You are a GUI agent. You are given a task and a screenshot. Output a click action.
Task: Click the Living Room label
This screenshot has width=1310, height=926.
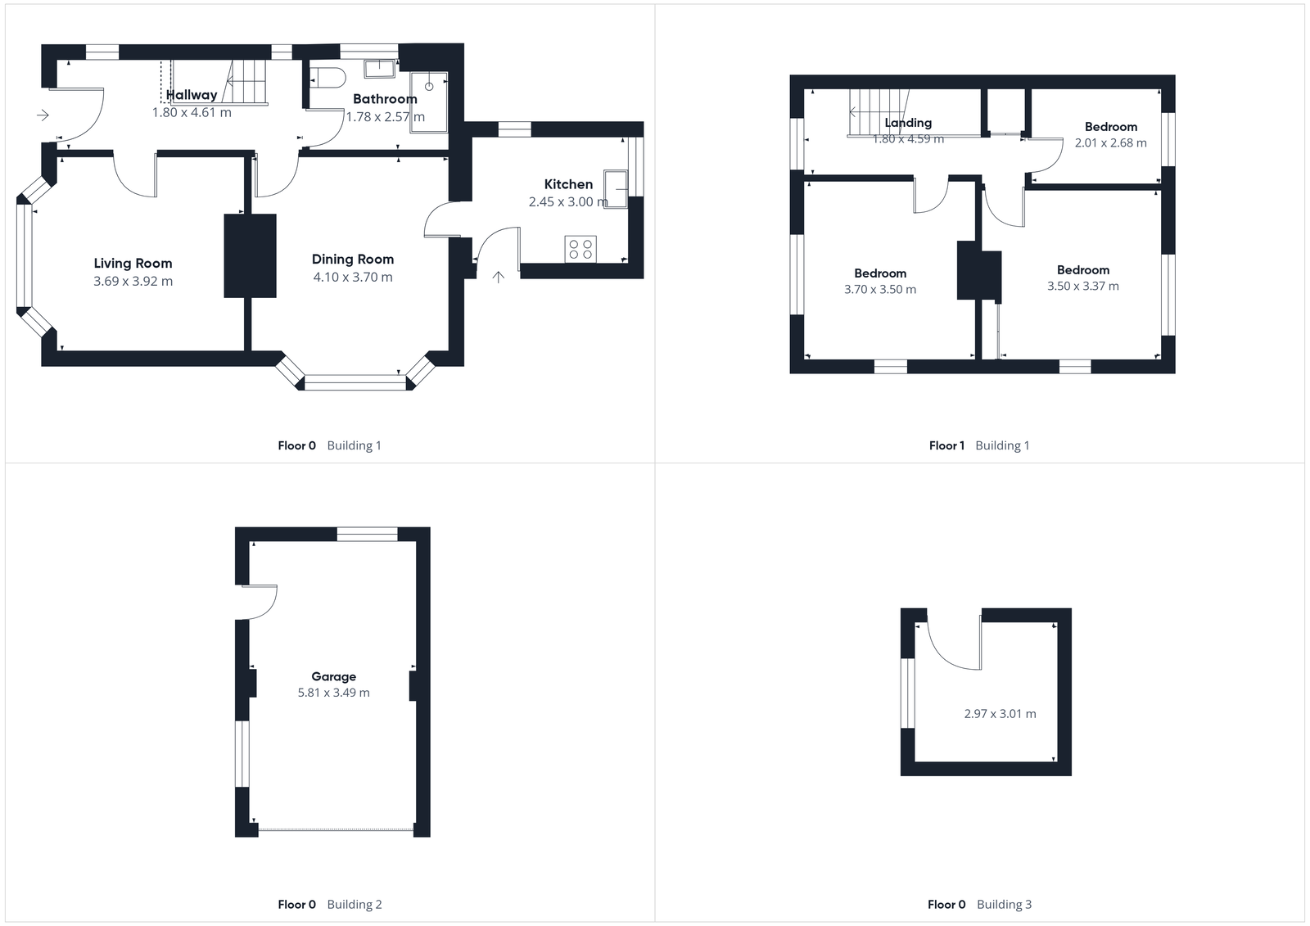pos(133,264)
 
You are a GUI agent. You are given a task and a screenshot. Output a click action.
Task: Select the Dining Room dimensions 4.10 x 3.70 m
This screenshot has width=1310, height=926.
pos(353,278)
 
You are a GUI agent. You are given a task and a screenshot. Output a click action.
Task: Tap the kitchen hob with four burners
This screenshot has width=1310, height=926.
pos(580,249)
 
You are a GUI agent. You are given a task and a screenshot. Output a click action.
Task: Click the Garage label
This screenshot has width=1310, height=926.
pos(333,677)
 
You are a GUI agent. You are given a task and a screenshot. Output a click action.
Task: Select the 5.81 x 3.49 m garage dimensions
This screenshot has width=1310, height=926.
pos(333,693)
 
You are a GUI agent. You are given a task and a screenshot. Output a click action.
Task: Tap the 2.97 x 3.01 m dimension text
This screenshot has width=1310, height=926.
pos(1000,714)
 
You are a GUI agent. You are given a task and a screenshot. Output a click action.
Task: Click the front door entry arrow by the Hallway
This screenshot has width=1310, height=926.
pos(43,115)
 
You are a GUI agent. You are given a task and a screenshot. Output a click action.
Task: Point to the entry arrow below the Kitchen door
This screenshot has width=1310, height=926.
pos(498,277)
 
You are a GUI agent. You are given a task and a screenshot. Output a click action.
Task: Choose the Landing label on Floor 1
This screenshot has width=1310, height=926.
pos(908,123)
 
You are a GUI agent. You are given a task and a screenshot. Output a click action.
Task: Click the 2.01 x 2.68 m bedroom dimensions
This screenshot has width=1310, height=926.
pos(1110,143)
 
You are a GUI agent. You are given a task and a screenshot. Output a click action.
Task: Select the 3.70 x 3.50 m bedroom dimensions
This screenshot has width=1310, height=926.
pos(880,290)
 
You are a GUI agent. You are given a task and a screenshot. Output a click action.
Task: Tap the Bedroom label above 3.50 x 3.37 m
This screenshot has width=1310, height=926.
pos(1082,270)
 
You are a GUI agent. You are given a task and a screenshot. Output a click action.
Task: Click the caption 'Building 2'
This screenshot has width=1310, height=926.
pos(355,905)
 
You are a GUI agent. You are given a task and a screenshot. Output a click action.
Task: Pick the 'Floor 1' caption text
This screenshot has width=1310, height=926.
pos(946,446)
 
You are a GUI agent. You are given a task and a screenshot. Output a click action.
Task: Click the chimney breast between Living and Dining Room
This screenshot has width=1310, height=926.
pos(250,255)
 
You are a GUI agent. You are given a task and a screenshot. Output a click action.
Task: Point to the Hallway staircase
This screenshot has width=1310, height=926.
pos(246,81)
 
